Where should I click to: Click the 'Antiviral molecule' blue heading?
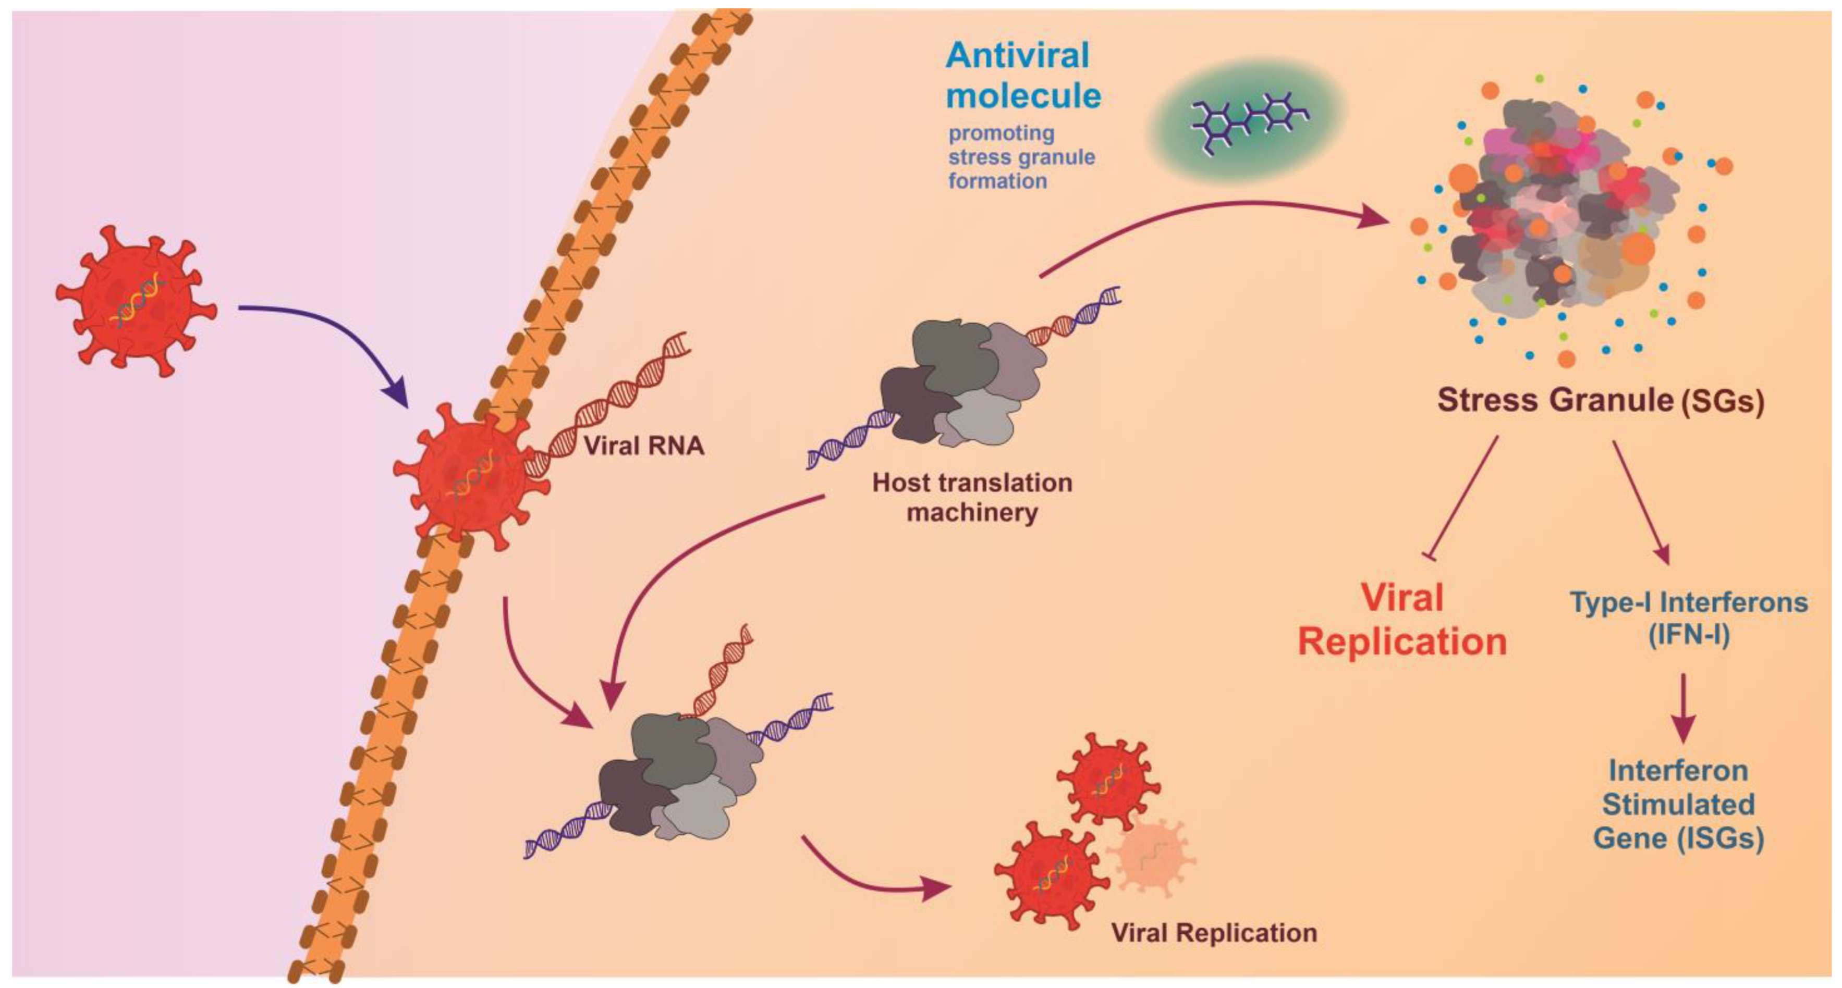1022,76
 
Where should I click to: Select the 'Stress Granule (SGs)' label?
1600,400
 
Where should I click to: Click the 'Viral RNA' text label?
643,446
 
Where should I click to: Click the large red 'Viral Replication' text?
1401,619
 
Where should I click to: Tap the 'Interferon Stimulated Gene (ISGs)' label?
1678,804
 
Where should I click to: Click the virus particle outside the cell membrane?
136,300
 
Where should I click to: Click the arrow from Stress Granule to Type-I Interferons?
1641,500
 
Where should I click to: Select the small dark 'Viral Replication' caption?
1213,933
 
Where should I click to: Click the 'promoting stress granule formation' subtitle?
1021,157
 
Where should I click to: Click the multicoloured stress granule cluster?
1566,215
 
